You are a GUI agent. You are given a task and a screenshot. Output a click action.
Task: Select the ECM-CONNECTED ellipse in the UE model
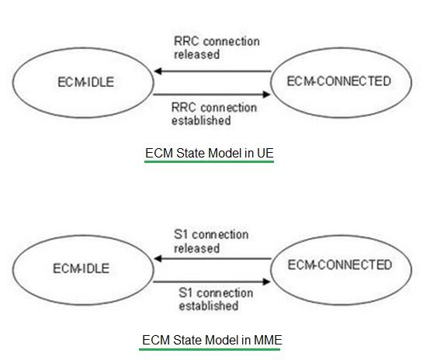pyautogui.click(x=338, y=81)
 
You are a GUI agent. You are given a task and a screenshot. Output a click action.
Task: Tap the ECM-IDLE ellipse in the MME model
pyautogui.click(x=81, y=269)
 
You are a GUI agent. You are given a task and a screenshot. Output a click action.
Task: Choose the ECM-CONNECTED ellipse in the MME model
pyautogui.click(x=338, y=265)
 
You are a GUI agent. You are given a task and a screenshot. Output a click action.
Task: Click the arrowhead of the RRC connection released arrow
pyautogui.click(x=158, y=71)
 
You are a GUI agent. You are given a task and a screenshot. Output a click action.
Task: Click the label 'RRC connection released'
pyautogui.click(x=215, y=47)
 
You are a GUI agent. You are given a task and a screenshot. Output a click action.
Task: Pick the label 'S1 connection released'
pyautogui.click(x=210, y=241)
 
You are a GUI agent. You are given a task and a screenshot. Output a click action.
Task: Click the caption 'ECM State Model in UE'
pyautogui.click(x=210, y=154)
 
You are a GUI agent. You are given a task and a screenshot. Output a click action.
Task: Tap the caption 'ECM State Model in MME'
pyautogui.click(x=211, y=340)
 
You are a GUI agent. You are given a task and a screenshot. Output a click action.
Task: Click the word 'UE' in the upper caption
pyautogui.click(x=265, y=154)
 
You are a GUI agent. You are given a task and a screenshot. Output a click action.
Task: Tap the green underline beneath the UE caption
pyautogui.click(x=210, y=163)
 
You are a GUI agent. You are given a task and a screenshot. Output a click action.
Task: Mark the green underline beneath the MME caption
pyautogui.click(x=211, y=348)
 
